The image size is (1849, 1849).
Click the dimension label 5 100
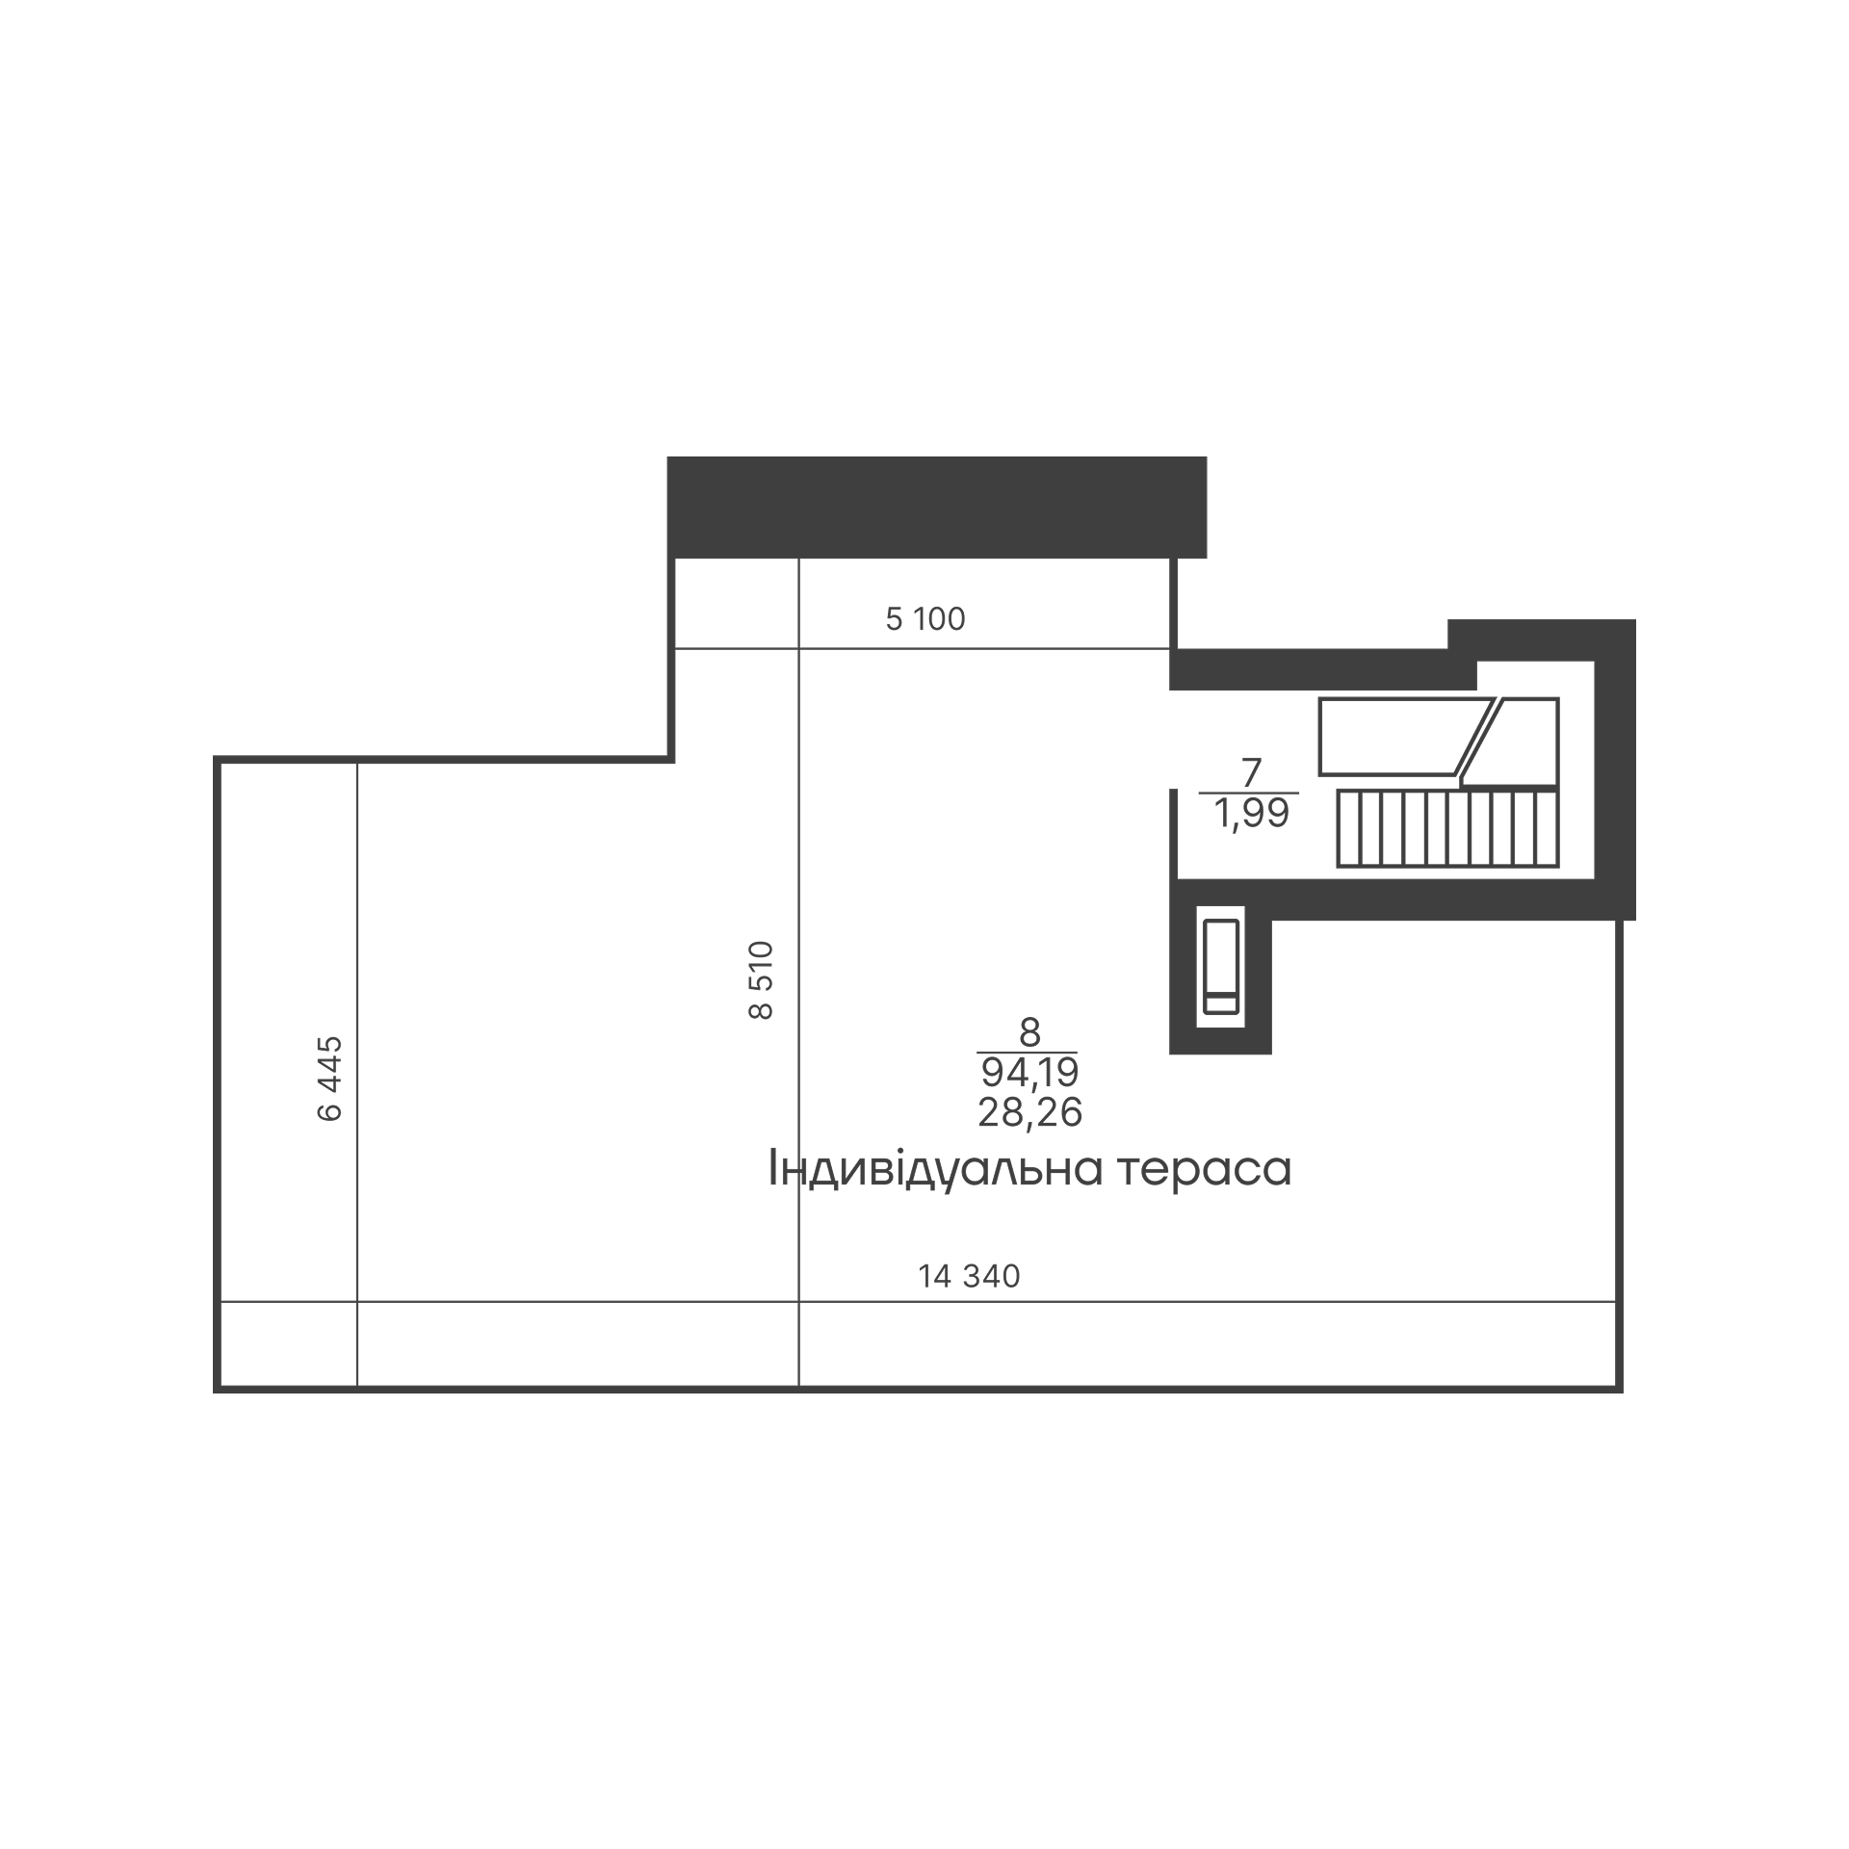[924, 619]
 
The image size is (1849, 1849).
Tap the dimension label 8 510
[761, 979]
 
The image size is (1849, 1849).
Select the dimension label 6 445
[329, 1079]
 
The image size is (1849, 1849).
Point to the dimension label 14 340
[969, 1276]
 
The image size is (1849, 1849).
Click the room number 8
[1029, 1033]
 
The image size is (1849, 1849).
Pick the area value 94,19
[1029, 1072]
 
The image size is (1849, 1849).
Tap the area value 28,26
[1029, 1112]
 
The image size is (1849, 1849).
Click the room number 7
[1251, 773]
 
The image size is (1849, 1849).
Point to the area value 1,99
[1251, 815]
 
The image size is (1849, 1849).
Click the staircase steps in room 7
[1446, 827]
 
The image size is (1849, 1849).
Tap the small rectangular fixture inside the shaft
[1220, 966]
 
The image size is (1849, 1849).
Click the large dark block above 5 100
[937, 507]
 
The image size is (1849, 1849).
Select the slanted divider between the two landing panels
[1475, 737]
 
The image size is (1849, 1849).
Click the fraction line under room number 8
[1027, 1053]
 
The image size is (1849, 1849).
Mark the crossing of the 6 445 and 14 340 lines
[357, 1302]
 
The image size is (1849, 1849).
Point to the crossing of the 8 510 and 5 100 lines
[798, 649]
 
